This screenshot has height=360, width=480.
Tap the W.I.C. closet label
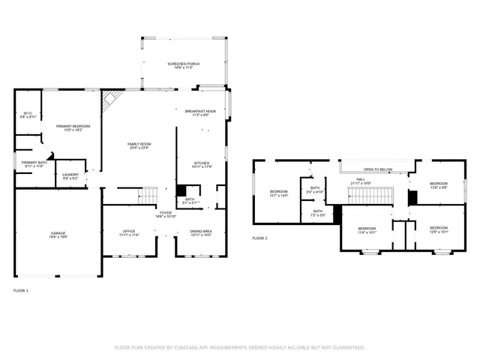(28, 115)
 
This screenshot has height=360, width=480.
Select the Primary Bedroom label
(73, 127)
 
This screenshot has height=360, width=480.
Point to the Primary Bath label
(34, 163)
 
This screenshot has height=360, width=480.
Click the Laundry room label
(70, 176)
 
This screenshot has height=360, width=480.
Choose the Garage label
(58, 235)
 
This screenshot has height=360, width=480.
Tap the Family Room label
(139, 145)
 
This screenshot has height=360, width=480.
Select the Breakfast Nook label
(200, 112)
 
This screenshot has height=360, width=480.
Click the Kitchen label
(202, 164)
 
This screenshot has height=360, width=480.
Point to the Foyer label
(165, 214)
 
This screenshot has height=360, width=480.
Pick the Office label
(129, 232)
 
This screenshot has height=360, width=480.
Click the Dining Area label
(200, 232)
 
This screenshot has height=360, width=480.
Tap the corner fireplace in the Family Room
(112, 100)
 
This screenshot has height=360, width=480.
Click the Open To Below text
(377, 169)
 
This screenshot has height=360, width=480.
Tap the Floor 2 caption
(259, 238)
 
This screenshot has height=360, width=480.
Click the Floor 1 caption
(21, 289)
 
